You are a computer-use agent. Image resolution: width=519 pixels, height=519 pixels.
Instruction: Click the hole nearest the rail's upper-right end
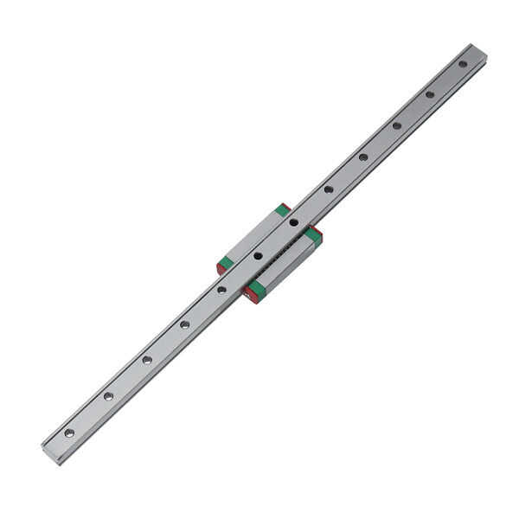(463, 64)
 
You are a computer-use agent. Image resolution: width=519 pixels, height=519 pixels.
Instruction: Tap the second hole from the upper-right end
(430, 94)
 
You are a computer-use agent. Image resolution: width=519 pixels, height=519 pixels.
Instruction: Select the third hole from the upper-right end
(396, 125)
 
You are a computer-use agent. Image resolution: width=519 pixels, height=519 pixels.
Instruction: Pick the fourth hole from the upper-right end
(363, 157)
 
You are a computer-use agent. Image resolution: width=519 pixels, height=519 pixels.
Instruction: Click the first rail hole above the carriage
(329, 189)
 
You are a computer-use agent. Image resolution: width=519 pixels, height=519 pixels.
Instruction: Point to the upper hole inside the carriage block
(294, 222)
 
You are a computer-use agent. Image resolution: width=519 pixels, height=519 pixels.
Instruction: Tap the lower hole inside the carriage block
(258, 256)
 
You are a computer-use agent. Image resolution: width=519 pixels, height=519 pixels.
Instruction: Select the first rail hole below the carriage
(222, 290)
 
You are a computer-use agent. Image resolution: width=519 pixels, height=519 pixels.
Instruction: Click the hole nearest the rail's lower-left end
(70, 432)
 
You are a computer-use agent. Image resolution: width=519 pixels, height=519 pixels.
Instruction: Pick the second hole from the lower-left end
(108, 396)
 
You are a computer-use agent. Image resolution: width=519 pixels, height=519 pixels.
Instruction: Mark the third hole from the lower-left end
(146, 360)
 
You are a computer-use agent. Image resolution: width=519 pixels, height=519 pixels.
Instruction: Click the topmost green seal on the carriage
(282, 210)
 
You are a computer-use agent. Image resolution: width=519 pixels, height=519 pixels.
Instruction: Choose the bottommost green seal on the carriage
(256, 288)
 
